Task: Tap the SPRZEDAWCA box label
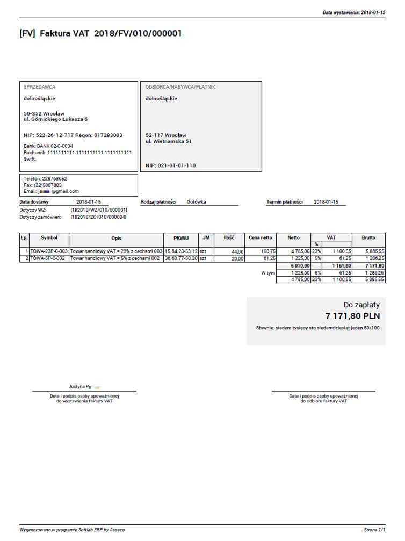39,86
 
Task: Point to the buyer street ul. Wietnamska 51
169,141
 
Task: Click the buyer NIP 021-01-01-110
171,165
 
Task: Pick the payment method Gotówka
196,202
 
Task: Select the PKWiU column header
180,237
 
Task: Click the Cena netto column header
260,237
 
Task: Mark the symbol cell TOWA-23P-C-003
49,251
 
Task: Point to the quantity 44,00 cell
237,251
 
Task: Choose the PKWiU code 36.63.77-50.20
181,258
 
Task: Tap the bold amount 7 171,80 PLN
352,316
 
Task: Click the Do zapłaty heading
361,305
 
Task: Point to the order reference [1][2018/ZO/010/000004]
99,217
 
